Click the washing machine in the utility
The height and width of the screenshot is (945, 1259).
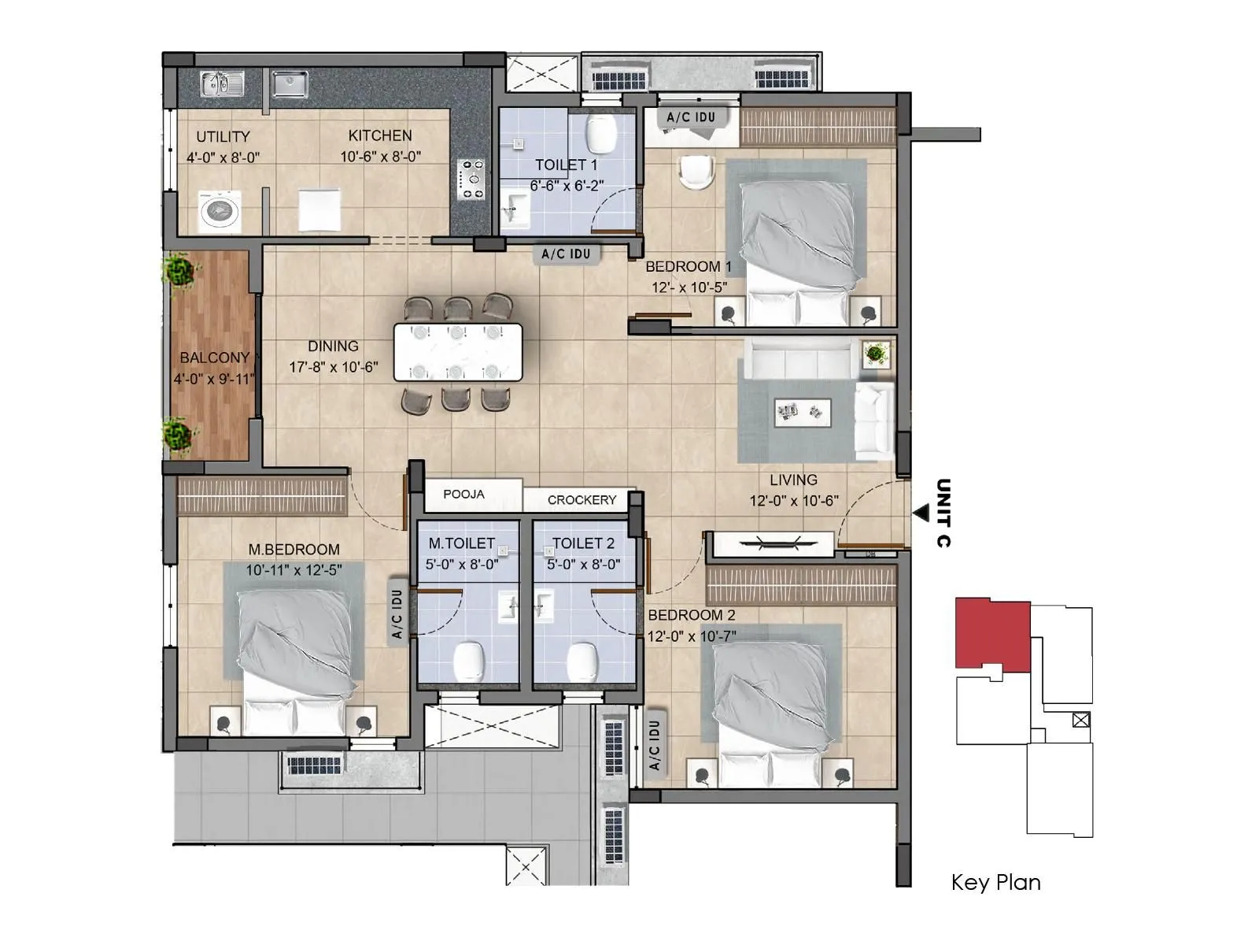[219, 211]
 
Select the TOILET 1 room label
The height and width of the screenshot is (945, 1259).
[566, 165]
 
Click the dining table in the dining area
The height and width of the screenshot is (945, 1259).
[457, 352]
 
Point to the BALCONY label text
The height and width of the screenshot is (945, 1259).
[214, 358]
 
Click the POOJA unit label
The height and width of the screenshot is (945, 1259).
[463, 495]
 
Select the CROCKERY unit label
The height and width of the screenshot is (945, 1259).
[582, 500]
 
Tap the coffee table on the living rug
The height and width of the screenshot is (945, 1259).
[802, 411]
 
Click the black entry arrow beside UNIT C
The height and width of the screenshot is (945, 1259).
[920, 513]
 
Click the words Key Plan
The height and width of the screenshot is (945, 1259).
[995, 882]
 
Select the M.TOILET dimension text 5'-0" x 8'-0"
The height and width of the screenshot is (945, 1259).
[462, 565]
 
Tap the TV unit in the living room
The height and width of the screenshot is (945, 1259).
[770, 543]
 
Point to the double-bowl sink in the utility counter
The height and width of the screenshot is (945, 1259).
[221, 83]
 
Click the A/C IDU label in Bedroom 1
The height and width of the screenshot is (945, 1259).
[691, 117]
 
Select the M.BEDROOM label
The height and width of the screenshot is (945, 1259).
[294, 550]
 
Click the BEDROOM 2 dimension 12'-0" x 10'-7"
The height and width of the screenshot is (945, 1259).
[692, 636]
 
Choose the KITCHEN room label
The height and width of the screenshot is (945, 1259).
[380, 135]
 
